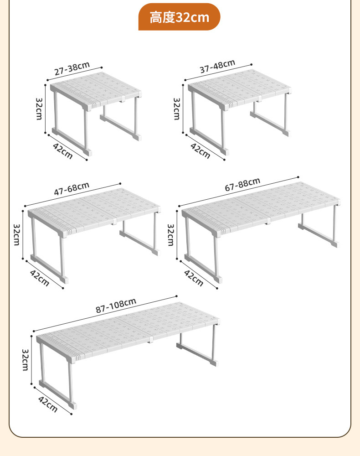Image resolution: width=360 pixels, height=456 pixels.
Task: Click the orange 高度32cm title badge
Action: (179, 17)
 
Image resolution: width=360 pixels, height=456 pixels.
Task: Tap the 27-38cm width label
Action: (72, 68)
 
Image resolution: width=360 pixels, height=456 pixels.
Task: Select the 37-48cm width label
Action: (217, 66)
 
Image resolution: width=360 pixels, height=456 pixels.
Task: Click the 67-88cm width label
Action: (242, 184)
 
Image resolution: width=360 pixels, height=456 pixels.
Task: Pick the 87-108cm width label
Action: (116, 306)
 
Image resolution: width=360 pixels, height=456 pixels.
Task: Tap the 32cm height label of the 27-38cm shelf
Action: (39, 109)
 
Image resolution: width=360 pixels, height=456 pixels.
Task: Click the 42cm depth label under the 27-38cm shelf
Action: (62, 151)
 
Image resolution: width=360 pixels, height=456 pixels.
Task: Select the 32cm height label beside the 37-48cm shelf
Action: (177, 109)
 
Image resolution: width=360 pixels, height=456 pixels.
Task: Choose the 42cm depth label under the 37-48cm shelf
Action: (200, 150)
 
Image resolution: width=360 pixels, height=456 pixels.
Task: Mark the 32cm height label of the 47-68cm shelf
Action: (16, 234)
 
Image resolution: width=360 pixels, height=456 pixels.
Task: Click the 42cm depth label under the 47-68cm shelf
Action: (40, 278)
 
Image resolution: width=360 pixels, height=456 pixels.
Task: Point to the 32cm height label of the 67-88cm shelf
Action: (170, 235)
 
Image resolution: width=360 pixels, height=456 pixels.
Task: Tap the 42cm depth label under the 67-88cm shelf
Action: (194, 278)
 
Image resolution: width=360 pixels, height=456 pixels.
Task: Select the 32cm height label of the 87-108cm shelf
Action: (25, 360)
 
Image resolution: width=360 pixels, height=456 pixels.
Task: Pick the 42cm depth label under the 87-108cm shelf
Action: (48, 404)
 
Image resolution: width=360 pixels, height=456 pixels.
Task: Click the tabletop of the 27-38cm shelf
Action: (96, 90)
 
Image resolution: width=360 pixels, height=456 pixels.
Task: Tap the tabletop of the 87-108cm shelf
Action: (128, 332)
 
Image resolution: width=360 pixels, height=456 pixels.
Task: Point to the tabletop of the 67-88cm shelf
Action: (261, 207)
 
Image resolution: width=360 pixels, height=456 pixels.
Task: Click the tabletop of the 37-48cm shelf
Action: (239, 89)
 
